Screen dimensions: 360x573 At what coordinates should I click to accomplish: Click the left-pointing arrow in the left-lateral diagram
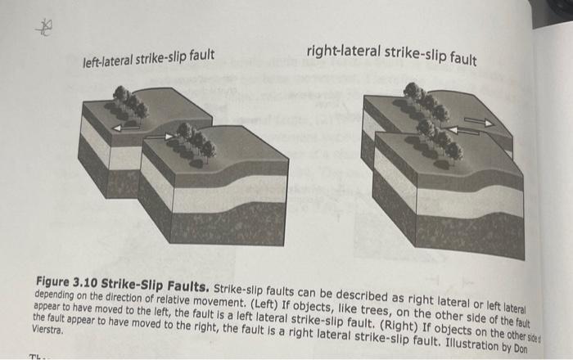tap(126, 127)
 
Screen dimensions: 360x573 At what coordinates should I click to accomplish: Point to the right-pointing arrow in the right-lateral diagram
tap(481, 122)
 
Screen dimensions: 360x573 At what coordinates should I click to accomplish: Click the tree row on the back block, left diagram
tap(130, 102)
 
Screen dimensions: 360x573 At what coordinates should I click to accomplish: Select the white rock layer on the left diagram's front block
tap(213, 197)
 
